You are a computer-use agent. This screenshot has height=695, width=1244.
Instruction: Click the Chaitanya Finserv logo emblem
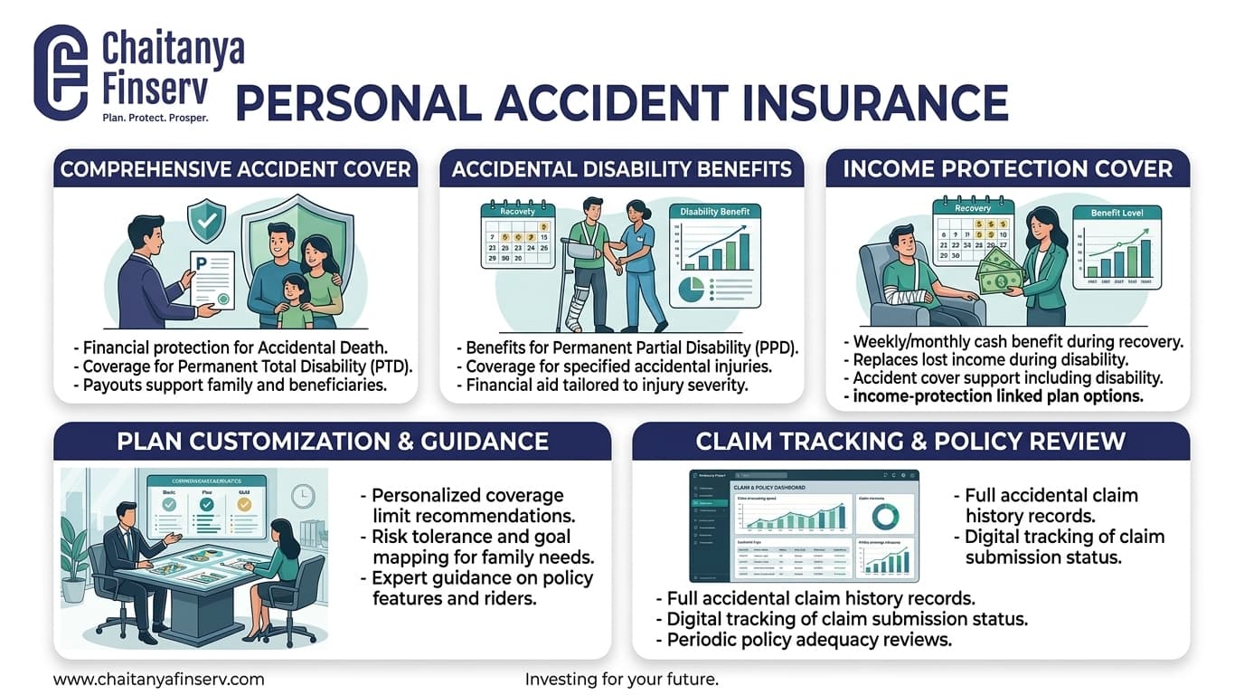coord(61,72)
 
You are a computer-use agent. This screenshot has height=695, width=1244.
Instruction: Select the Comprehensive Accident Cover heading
coord(235,168)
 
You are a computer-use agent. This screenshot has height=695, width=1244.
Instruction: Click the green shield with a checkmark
coord(206,218)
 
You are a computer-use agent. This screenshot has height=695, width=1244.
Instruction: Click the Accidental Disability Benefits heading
coord(621,168)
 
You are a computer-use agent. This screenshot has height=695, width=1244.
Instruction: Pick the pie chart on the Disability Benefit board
coord(692,290)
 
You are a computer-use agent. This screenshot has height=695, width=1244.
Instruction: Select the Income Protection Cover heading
coord(1007,168)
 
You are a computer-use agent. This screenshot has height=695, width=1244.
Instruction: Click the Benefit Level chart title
coord(1117,213)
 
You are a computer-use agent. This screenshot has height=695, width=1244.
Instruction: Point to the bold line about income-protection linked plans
coord(998,395)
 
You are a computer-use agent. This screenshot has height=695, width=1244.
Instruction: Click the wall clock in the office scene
coord(302,495)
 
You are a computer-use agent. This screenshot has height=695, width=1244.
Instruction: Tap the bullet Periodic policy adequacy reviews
coord(809,640)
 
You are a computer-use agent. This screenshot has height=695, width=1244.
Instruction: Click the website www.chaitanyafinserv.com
coord(159,679)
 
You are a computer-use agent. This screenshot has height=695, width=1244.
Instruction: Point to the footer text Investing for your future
coord(621,679)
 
